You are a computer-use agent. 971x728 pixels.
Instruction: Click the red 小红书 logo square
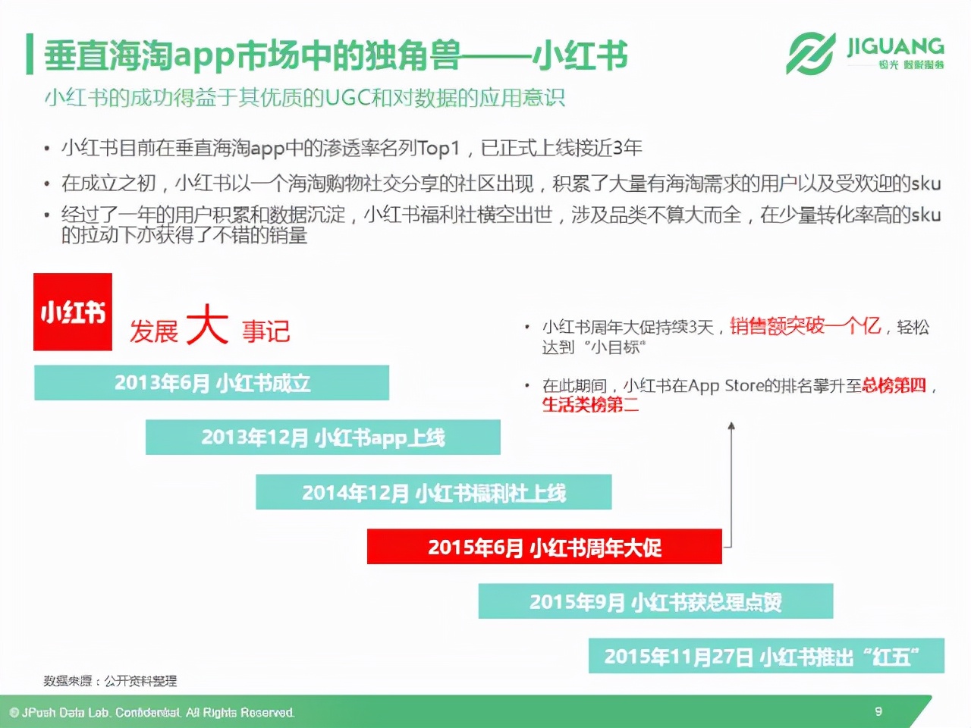click(73, 312)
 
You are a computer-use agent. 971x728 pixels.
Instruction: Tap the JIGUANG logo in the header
click(865, 53)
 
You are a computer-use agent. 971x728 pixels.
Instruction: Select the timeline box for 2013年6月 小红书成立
click(212, 383)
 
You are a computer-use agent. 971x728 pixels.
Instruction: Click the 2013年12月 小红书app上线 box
click(322, 438)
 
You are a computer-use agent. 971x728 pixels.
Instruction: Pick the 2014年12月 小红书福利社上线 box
click(433, 492)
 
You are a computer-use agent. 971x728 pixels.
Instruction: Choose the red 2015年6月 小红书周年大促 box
click(544, 547)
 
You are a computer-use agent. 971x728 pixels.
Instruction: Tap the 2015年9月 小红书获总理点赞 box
click(655, 601)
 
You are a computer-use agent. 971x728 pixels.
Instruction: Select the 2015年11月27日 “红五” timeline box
click(766, 656)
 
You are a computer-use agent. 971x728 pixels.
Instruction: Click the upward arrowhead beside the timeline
click(731, 426)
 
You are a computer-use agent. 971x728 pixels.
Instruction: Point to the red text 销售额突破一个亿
click(805, 326)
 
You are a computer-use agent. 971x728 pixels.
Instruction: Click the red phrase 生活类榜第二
click(590, 405)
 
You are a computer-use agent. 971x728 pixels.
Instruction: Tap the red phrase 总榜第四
click(894, 385)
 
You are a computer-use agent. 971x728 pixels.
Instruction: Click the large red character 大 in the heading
click(206, 326)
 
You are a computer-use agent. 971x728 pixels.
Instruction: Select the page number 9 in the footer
click(878, 711)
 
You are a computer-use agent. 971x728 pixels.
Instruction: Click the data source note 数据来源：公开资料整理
click(110, 681)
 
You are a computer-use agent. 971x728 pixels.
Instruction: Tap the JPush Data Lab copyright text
click(152, 713)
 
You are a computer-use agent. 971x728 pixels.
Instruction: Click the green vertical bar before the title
click(29, 55)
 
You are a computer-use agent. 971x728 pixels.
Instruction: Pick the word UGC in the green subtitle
click(347, 99)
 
